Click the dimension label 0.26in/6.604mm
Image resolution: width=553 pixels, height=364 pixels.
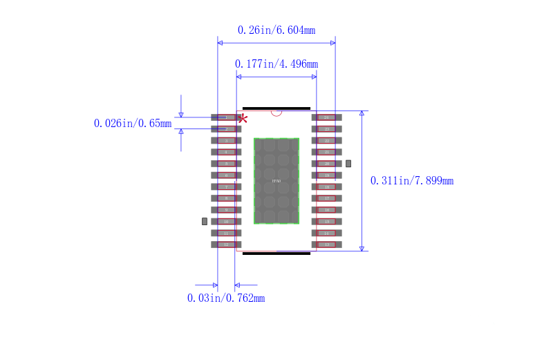click(276, 30)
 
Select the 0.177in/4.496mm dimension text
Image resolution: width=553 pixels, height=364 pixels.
click(276, 64)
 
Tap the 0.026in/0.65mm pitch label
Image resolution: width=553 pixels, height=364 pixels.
click(133, 124)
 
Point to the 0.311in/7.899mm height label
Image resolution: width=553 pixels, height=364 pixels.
click(412, 181)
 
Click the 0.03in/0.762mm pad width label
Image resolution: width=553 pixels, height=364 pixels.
click(226, 298)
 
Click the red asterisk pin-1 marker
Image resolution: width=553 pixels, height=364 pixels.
click(243, 119)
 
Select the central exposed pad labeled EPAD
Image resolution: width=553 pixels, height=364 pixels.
click(276, 181)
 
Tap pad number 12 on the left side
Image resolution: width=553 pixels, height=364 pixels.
click(226, 245)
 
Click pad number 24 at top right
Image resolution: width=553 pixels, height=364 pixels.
click(326, 117)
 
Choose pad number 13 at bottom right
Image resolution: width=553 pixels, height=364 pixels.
click(326, 245)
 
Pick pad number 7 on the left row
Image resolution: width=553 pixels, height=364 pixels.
click(226, 186)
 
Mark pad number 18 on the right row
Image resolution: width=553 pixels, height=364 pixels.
click(326, 186)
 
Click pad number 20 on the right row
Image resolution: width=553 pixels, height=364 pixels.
click(326, 164)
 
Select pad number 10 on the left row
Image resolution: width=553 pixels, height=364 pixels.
click(226, 222)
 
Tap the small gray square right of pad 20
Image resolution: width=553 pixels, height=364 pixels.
click(348, 164)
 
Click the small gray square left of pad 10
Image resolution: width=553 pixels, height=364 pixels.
click(204, 222)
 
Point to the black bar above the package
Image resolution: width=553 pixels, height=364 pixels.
click(276, 108)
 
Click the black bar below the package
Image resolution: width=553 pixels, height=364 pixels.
click(276, 253)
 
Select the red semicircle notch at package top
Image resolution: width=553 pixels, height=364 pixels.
click(276, 113)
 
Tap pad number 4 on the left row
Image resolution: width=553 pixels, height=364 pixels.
click(226, 152)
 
